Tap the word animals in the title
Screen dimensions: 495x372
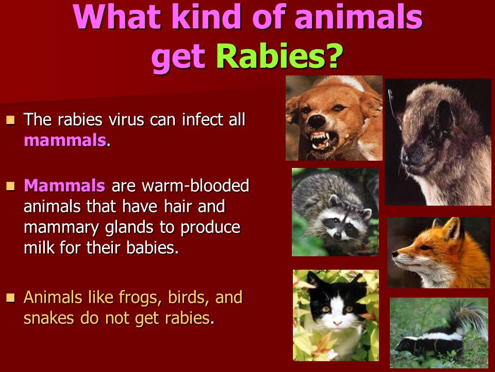(358, 17)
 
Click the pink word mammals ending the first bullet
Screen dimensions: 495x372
(65, 140)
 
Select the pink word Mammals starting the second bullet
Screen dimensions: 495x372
(64, 185)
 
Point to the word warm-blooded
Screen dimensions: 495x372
(195, 185)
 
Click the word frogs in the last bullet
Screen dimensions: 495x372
(140, 298)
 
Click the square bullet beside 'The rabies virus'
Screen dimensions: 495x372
(10, 120)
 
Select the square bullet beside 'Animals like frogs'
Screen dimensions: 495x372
(10, 298)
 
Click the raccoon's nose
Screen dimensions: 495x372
(337, 236)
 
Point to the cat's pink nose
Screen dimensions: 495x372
(337, 323)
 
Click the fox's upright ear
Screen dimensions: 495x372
(453, 229)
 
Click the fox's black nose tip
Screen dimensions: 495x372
(395, 254)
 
